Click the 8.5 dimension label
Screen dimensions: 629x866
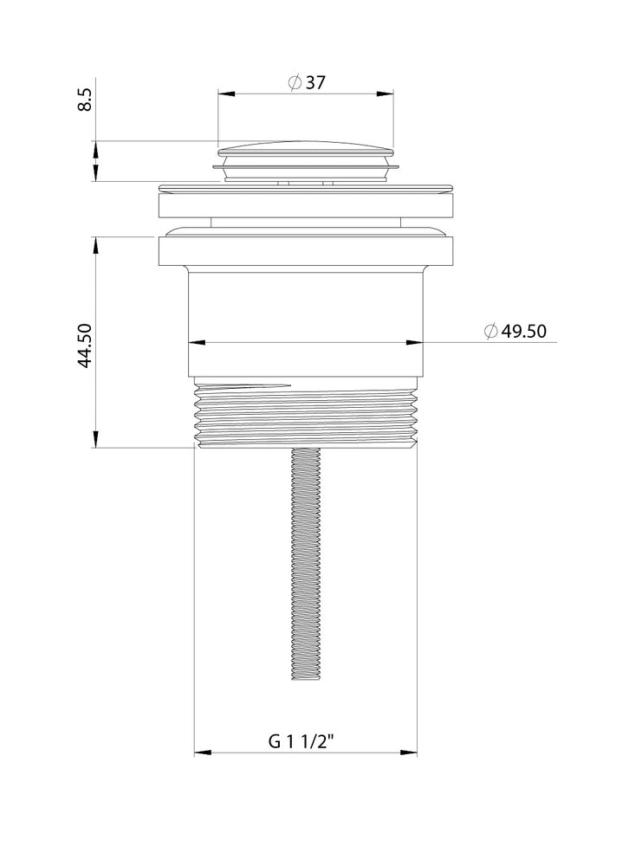pos(85,99)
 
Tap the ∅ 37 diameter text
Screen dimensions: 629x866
pos(308,83)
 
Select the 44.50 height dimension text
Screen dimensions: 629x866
pos(85,346)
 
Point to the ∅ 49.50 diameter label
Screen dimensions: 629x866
pos(516,331)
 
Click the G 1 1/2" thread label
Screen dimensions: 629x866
pos(302,741)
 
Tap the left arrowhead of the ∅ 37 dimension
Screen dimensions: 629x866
pos(226,94)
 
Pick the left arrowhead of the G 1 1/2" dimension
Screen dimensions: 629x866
pos(202,753)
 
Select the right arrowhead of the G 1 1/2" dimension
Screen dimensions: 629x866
pos(409,753)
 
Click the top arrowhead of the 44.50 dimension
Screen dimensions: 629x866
pos(95,246)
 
